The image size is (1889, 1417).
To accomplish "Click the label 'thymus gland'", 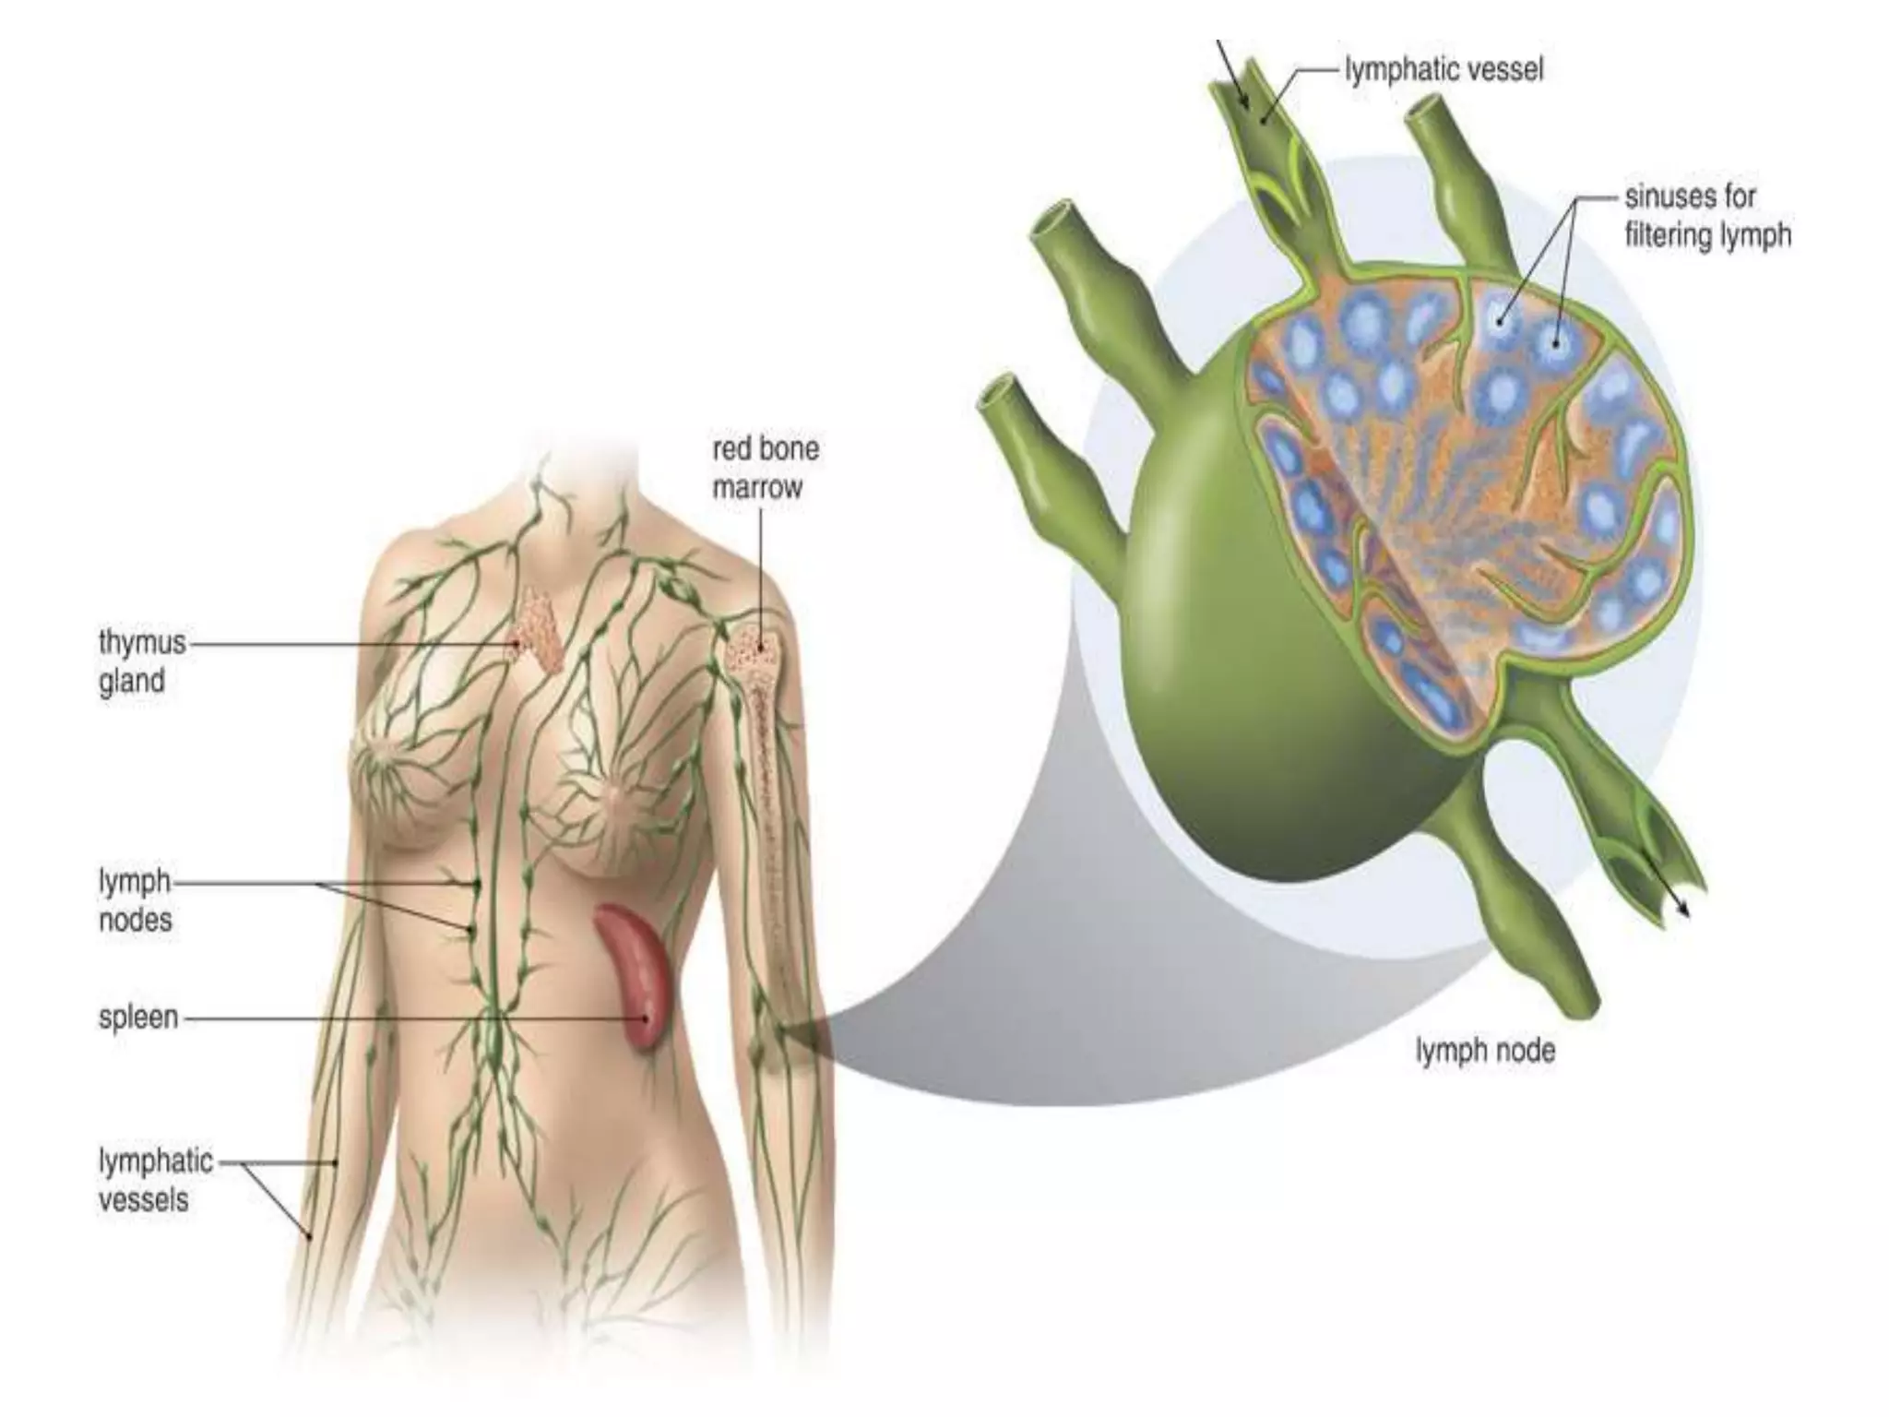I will coord(142,661).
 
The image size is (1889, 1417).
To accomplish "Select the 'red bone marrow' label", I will coord(766,468).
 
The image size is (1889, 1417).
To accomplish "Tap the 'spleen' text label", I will coord(138,1018).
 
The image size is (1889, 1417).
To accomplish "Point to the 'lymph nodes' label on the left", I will coord(136,900).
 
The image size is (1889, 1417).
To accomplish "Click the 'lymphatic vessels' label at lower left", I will coord(155,1180).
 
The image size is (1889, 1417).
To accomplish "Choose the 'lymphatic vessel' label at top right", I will coord(1443,70).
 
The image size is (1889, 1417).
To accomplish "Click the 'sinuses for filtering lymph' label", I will coord(1707,216).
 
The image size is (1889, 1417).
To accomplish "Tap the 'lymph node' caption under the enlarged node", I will coord(1485,1051).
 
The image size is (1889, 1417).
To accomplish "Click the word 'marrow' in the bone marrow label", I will coord(757,488).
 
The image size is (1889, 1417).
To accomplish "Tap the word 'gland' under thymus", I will coord(132,682).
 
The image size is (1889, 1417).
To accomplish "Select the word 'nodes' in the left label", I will coord(136,920).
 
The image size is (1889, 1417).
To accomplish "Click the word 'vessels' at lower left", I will coord(143,1200).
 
